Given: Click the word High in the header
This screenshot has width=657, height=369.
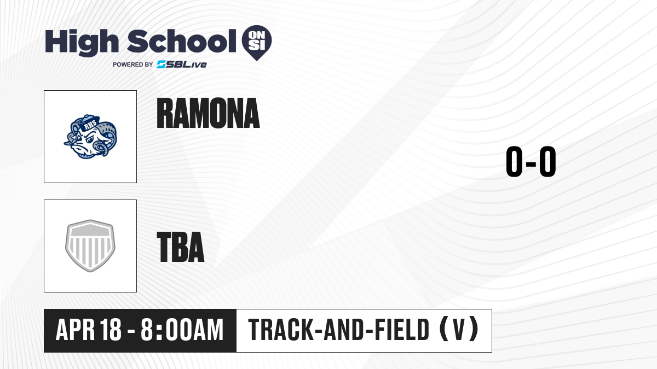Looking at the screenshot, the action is [x=82, y=43].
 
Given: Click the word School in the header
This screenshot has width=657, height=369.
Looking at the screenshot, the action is [x=182, y=42].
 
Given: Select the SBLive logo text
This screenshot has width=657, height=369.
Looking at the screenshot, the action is [x=182, y=65].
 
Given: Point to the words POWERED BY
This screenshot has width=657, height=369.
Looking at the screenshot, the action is [x=133, y=65].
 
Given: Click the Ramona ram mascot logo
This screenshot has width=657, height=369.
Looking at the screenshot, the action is [x=90, y=137].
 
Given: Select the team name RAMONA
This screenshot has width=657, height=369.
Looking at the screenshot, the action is [x=208, y=113].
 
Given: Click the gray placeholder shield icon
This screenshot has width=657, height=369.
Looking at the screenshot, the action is [x=90, y=246].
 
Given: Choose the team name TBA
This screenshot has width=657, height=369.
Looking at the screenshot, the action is [x=181, y=247].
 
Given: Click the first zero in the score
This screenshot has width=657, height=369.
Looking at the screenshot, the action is [x=514, y=161].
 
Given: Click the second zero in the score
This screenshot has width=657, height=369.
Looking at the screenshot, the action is [x=547, y=161].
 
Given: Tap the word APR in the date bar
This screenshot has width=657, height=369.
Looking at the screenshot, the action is [x=76, y=330].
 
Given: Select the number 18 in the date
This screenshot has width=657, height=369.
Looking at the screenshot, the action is [x=110, y=330].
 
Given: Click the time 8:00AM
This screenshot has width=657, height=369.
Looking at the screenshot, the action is [x=182, y=330].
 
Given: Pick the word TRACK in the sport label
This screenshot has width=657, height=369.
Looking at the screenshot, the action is [x=281, y=330].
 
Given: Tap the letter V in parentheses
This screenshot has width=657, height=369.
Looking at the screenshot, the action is [x=459, y=330].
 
